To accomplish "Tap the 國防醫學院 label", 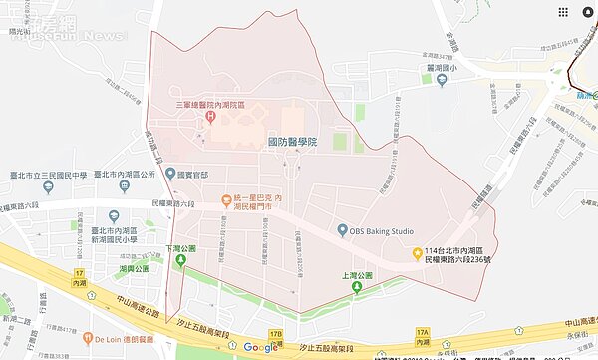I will (292, 143).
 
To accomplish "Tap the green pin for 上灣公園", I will (355, 288).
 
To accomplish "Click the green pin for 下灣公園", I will (181, 261).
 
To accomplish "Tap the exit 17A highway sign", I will (422, 334).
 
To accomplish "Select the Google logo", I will (259, 347).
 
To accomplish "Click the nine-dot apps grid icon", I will (564, 12).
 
